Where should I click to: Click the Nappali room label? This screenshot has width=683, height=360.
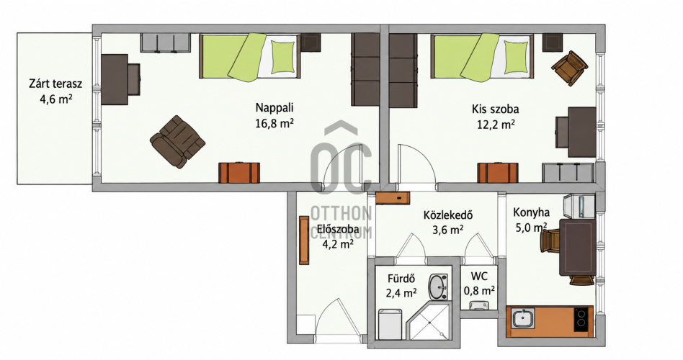[274, 107]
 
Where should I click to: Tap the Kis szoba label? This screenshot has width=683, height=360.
[495, 109]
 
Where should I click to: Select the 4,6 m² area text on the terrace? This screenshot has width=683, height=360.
[55, 99]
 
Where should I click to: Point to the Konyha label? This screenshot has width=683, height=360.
[531, 212]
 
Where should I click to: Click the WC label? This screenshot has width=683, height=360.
[478, 276]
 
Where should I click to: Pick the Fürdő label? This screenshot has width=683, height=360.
[401, 278]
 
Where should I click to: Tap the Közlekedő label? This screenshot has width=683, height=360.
[448, 215]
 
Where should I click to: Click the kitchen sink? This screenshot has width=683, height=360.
[523, 319]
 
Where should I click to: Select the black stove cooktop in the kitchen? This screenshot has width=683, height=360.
[583, 320]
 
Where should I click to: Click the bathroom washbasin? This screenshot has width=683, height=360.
[438, 287]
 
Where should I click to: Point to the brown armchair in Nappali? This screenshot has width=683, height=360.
[177, 141]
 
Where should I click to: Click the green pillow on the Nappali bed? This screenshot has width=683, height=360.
[282, 57]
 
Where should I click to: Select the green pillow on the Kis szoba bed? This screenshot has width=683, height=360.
[516, 57]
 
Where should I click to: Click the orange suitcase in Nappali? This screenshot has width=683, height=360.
[239, 172]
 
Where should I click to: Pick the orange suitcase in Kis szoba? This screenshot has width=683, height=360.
[498, 172]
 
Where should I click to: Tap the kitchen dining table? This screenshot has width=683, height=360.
[577, 247]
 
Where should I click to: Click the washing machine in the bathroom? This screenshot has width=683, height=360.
[390, 324]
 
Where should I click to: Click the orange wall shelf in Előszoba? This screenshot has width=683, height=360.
[304, 240]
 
